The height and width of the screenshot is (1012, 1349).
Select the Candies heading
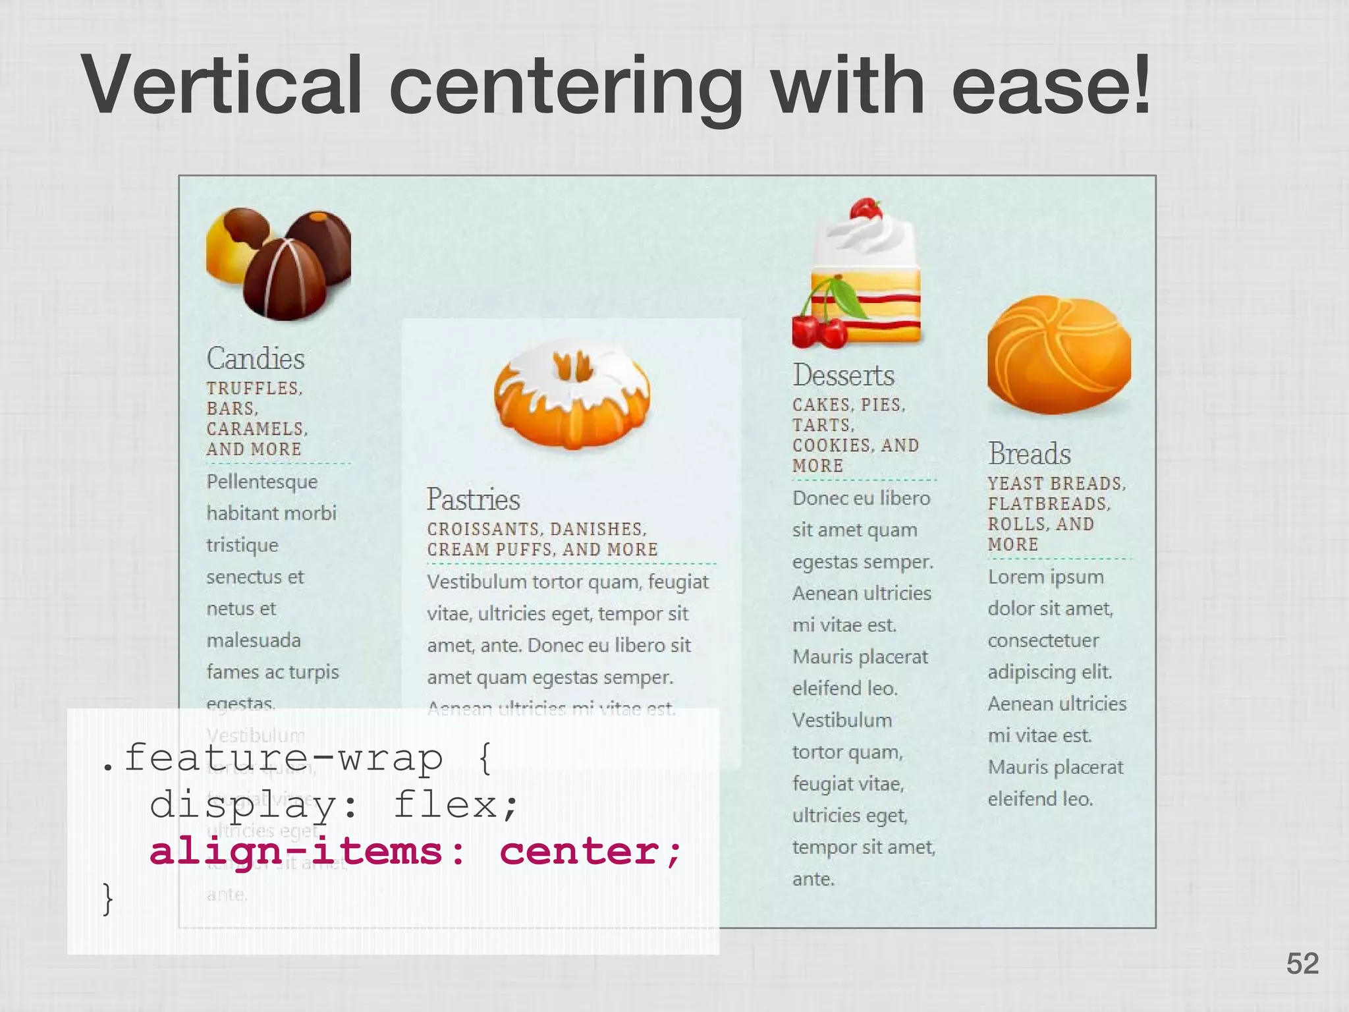coord(256,359)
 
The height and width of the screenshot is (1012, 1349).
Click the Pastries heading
coord(473,499)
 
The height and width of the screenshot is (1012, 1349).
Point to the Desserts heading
coord(843,376)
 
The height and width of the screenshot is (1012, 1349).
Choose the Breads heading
coord(1030,454)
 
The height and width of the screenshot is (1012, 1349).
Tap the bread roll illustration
coord(1059,356)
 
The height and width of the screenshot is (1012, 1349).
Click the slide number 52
coord(1302,964)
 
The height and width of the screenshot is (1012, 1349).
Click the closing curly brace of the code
coord(107,899)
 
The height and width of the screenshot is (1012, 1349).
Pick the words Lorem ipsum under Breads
coord(1045,577)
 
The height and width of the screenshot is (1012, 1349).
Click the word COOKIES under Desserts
coord(831,446)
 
